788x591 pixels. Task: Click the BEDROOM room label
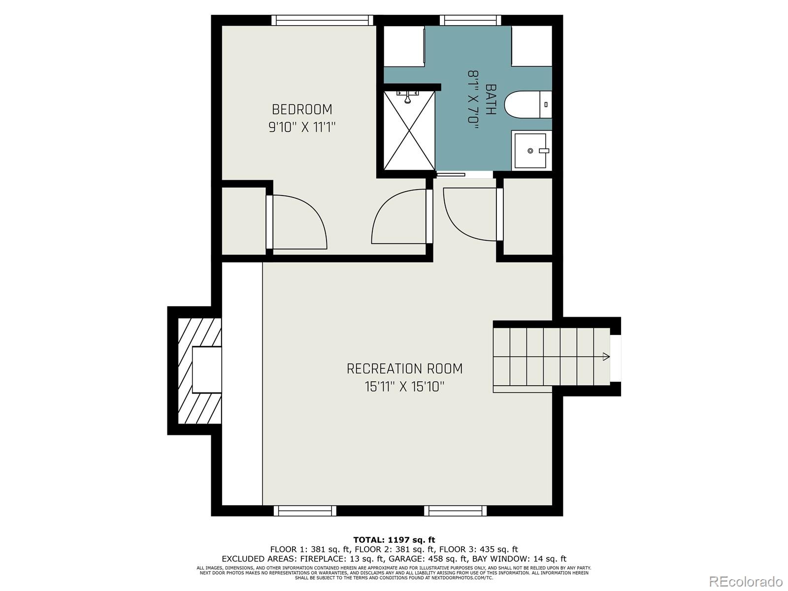point(302,109)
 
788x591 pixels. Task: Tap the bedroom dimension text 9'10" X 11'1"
point(302,128)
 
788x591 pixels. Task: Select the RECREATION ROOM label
point(404,368)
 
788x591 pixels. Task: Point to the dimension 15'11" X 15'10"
point(404,387)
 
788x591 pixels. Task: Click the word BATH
point(491,99)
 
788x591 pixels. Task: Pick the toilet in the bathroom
point(527,104)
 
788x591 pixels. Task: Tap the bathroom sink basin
point(530,151)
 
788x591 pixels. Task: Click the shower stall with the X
point(409,131)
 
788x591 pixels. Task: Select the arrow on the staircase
point(606,357)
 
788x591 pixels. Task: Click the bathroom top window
point(470,20)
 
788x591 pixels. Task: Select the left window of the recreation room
point(305,511)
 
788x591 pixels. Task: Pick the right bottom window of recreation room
point(456,511)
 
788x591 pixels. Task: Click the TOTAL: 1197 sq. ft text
point(394,540)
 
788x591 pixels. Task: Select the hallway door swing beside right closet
point(470,214)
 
